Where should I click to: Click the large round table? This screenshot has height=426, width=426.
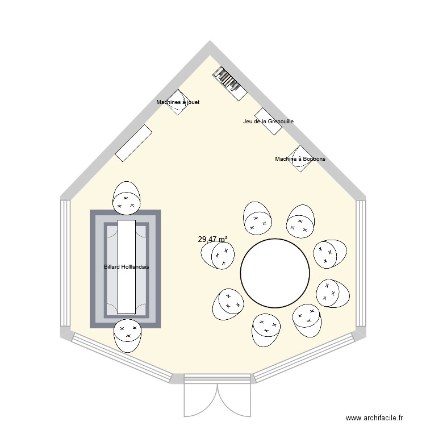(x=275, y=273)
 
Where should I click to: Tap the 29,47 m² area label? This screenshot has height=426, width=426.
(x=213, y=239)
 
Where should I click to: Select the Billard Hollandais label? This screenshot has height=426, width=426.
(x=127, y=267)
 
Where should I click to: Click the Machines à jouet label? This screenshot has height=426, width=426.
(x=178, y=102)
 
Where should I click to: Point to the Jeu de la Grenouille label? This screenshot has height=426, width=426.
(x=269, y=122)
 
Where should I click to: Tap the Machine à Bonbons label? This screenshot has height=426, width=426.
(x=300, y=158)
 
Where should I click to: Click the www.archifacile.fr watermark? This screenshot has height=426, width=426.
(x=374, y=417)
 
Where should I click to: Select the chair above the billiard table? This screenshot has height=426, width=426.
(x=127, y=198)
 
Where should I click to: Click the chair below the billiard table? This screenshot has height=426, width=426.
(x=127, y=336)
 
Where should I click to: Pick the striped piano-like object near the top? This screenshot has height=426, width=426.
(x=230, y=83)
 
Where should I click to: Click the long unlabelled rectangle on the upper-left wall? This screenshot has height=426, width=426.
(x=133, y=143)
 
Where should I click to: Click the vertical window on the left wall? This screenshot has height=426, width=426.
(x=65, y=263)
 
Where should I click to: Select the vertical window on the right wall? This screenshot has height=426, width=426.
(x=361, y=263)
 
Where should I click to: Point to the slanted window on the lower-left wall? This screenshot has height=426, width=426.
(x=122, y=358)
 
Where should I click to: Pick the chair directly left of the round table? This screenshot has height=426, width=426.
(x=218, y=255)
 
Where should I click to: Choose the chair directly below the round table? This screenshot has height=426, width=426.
(x=266, y=331)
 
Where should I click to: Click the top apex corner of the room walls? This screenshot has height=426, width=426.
(x=210, y=41)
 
